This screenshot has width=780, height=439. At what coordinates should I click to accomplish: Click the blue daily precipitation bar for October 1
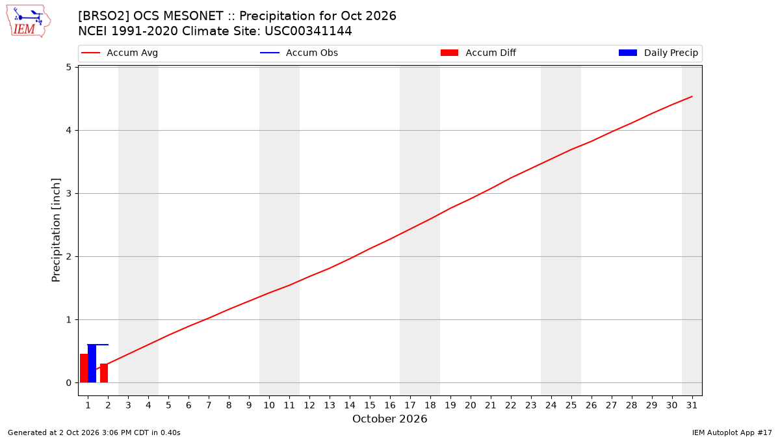coord(92,364)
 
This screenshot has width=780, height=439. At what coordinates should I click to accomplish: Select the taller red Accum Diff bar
coord(84,368)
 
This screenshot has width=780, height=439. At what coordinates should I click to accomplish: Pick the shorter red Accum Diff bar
coord(104,373)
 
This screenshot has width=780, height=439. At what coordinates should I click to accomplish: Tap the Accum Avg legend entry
coord(120,53)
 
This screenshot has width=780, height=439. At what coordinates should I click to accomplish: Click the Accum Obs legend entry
coord(299,53)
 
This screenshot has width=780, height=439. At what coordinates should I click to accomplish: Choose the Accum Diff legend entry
coord(478,53)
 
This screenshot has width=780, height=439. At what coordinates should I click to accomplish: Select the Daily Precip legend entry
coord(658,53)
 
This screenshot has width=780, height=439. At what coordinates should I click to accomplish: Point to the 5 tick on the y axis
coord(69,67)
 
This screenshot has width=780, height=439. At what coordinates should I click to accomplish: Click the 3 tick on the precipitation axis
coord(69,193)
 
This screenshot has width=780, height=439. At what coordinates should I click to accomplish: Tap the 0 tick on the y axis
coord(69,382)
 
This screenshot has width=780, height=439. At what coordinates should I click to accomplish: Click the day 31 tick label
coord(692,405)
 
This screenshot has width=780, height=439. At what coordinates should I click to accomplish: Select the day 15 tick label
coord(370,405)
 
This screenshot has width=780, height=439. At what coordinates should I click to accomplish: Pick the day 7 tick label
coord(209,405)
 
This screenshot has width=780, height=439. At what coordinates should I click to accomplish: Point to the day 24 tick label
coord(551,405)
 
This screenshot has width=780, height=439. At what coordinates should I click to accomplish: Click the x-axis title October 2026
coord(389,419)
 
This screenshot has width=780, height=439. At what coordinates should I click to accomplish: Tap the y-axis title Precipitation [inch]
coord(56,230)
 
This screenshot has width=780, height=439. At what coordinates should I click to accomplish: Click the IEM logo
coord(28,21)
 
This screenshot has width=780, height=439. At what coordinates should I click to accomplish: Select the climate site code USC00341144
coord(308,31)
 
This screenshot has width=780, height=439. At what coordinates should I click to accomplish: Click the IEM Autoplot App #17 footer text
coord(732,432)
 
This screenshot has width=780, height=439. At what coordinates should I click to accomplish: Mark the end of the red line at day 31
coord(692,96)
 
